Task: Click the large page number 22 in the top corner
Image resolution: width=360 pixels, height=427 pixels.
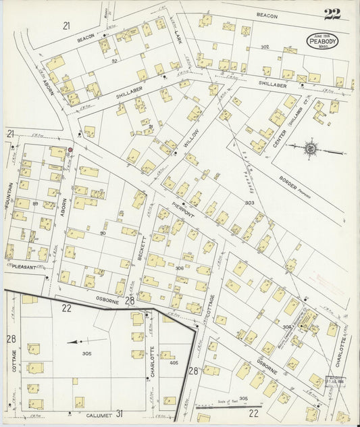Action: click(332, 14)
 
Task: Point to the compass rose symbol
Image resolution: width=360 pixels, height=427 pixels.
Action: click(310, 146)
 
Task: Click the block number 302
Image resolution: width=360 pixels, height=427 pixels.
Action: click(265, 47)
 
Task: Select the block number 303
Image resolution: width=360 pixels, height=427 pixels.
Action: click(249, 202)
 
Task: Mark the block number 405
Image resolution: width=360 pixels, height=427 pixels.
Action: click(174, 363)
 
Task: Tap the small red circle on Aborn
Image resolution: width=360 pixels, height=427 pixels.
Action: click(70, 150)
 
